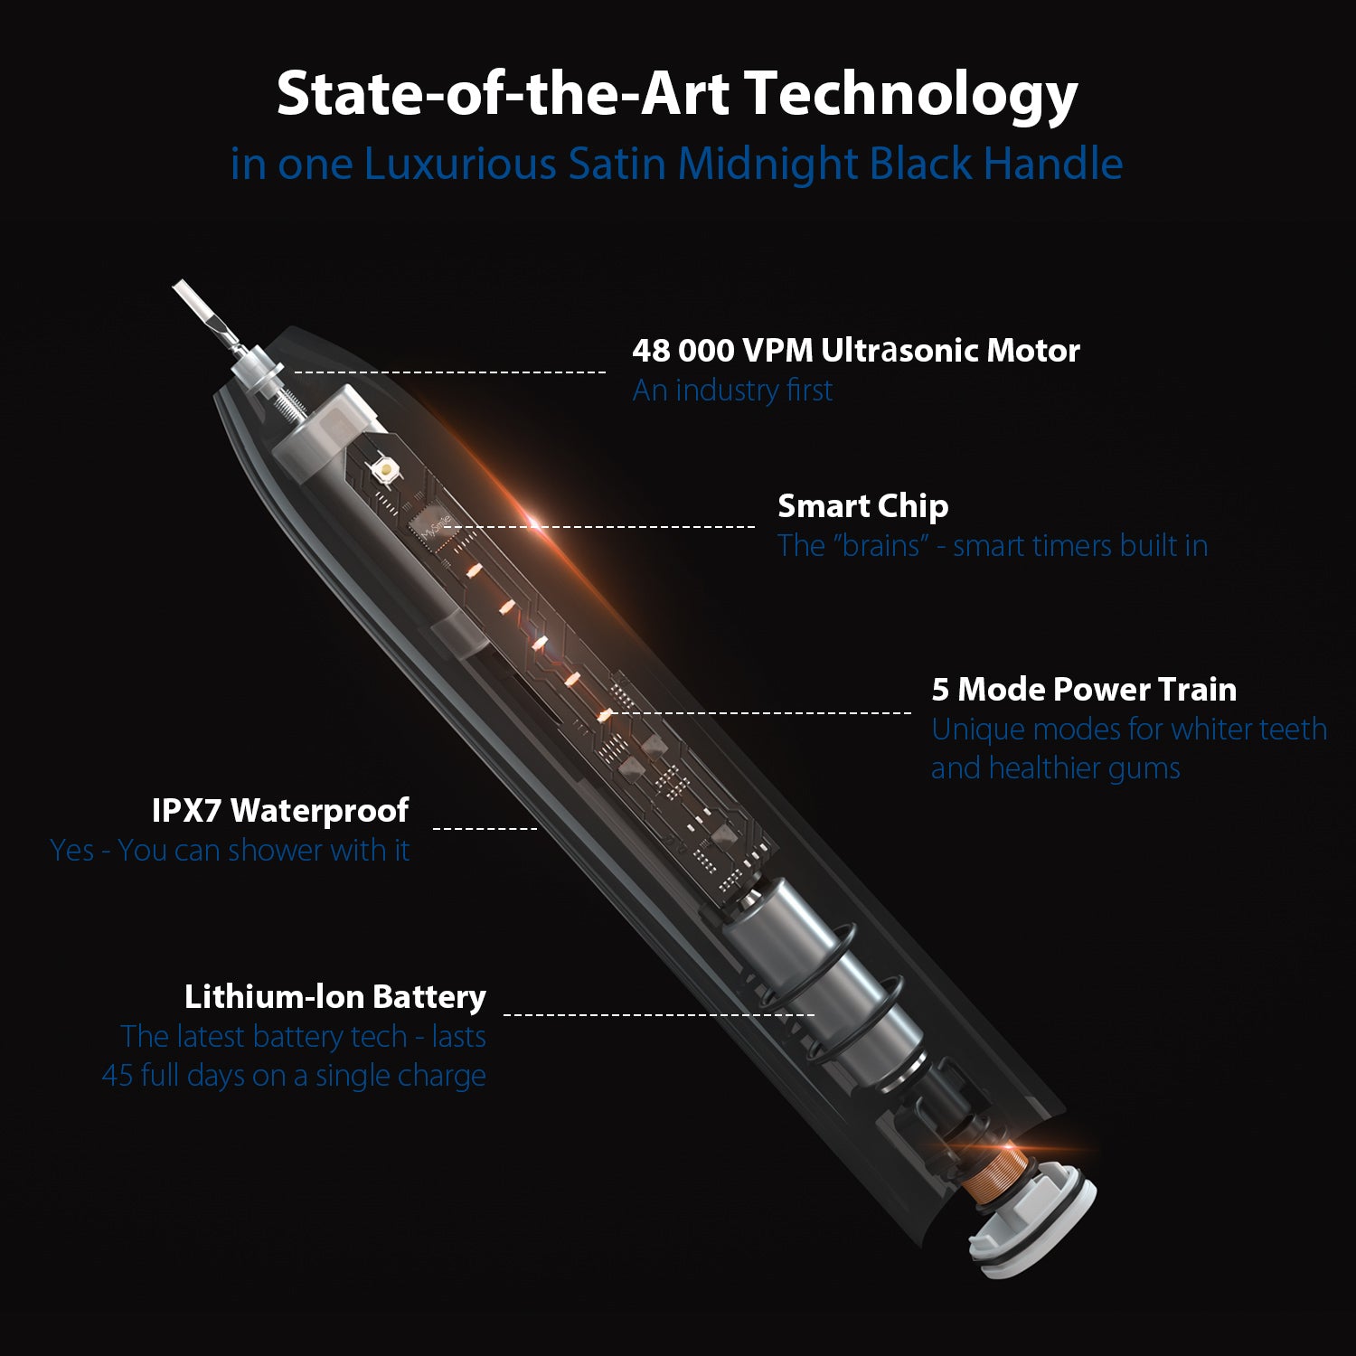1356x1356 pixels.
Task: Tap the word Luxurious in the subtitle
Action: (x=460, y=164)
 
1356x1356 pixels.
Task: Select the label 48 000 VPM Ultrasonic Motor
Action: (x=856, y=351)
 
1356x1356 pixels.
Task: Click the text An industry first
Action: (x=732, y=391)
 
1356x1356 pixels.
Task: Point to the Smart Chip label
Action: (x=863, y=506)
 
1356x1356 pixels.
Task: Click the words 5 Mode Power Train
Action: (x=1084, y=690)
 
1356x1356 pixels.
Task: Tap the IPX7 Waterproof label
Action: (x=280, y=811)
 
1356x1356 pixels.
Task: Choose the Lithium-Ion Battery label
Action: (x=335, y=997)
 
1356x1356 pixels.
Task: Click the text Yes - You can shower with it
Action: (x=230, y=851)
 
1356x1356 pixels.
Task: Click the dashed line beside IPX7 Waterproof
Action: (x=485, y=827)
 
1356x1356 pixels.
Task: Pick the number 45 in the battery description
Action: (x=118, y=1076)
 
